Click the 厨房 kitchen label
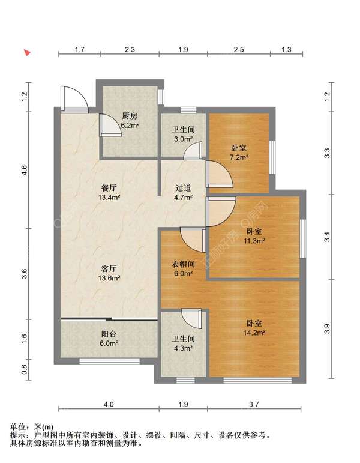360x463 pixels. point(130,116)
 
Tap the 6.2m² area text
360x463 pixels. point(130,125)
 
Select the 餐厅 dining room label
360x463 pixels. point(109,187)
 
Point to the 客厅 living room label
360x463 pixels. point(109,268)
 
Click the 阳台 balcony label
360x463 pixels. point(109,334)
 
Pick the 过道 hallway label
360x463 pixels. point(183,188)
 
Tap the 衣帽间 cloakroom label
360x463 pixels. point(183,264)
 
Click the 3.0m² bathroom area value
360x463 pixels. point(183,139)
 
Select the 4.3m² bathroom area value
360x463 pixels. point(183,348)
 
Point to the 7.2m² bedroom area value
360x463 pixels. point(239,157)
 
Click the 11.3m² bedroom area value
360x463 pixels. point(254,241)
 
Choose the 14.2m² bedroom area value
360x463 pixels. point(254,333)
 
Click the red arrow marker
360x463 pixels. point(27,53)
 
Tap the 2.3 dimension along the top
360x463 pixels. point(130,49)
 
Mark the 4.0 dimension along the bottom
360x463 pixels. point(109,404)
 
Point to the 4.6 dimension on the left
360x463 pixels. point(24,170)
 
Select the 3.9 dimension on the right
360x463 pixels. point(327,329)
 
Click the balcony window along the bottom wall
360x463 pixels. point(109,361)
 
